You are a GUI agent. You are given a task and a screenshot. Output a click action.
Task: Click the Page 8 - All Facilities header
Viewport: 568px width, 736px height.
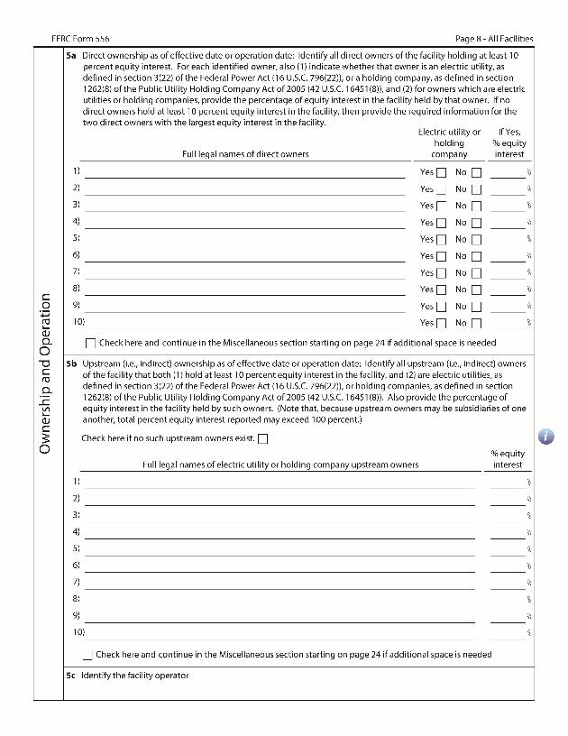494,39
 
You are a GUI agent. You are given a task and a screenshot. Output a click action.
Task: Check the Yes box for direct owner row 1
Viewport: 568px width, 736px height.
441,172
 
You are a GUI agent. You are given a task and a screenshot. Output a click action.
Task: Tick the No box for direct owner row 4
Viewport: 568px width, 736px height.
476,223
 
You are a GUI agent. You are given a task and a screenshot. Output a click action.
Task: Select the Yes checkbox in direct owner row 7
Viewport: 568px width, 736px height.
441,273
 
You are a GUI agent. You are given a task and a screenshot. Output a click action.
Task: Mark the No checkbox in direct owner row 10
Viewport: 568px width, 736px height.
476,323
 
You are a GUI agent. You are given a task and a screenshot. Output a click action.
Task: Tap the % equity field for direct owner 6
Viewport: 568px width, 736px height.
508,256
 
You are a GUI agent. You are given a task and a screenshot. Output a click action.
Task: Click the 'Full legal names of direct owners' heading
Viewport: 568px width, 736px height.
245,154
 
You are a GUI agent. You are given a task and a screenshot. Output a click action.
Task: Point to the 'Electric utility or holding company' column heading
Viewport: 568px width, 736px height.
449,143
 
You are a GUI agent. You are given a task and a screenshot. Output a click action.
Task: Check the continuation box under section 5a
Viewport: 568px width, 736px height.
90,344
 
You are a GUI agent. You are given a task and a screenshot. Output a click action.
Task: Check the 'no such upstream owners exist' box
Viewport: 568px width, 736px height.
263,439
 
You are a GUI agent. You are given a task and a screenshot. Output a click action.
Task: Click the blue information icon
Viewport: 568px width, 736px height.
546,437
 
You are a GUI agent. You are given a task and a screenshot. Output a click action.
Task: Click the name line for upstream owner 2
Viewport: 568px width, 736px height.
279,498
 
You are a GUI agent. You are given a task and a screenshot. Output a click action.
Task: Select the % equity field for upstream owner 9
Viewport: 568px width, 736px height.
508,616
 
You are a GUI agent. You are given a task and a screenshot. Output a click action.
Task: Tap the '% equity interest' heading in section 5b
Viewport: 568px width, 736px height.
508,459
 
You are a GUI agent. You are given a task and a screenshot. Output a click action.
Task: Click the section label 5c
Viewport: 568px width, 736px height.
70,676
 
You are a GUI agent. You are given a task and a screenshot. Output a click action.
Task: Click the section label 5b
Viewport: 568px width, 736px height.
70,363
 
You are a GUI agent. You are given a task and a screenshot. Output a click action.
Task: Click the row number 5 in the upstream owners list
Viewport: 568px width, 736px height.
77,548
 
